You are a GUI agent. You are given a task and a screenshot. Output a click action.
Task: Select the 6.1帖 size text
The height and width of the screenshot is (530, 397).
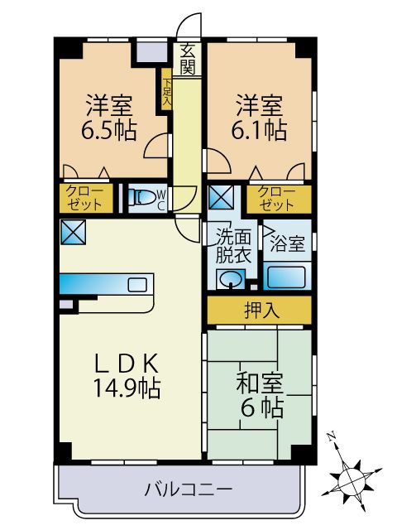point(262,130)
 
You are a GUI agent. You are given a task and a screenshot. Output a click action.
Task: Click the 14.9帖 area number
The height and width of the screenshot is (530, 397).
point(127,386)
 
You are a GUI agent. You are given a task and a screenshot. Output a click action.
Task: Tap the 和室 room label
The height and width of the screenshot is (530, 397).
point(261,383)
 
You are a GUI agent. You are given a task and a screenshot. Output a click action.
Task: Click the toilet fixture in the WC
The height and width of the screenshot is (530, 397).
point(144,198)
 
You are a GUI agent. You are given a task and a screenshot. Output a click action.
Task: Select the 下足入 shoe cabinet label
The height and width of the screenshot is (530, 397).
point(166,90)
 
